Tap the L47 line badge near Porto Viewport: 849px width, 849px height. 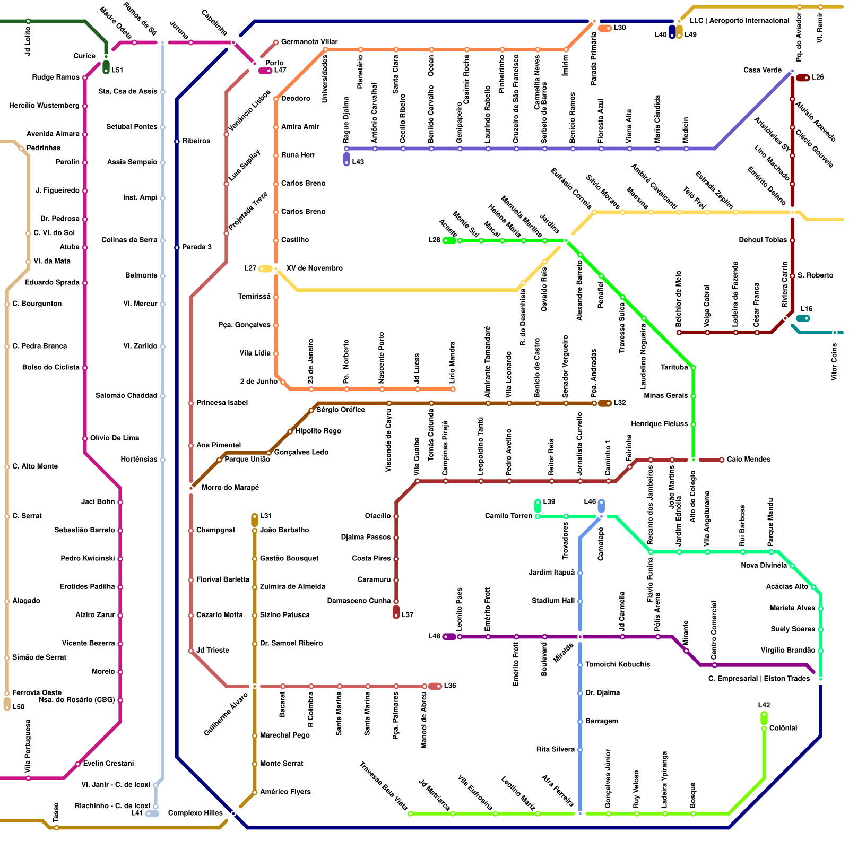[265, 71]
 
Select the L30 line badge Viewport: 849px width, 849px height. [605, 28]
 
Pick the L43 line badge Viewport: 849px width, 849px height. [346, 159]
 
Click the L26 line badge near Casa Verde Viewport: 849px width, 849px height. [803, 78]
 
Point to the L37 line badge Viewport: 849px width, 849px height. [396, 612]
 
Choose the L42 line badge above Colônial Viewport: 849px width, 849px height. [764, 717]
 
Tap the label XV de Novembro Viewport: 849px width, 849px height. [314, 268]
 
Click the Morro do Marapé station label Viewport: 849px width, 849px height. [230, 488]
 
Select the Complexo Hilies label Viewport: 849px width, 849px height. [195, 813]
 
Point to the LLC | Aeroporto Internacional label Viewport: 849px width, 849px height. [739, 21]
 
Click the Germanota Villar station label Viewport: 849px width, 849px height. [309, 42]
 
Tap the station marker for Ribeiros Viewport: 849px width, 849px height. [177, 142]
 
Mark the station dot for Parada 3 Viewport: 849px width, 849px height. [177, 248]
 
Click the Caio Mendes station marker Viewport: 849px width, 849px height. [722, 460]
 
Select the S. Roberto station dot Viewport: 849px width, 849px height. [792, 276]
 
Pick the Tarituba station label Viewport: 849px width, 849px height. [674, 367]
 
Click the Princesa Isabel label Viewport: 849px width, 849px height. [222, 403]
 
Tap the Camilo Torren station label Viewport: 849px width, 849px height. [508, 516]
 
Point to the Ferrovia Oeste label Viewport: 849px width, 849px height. [37, 692]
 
